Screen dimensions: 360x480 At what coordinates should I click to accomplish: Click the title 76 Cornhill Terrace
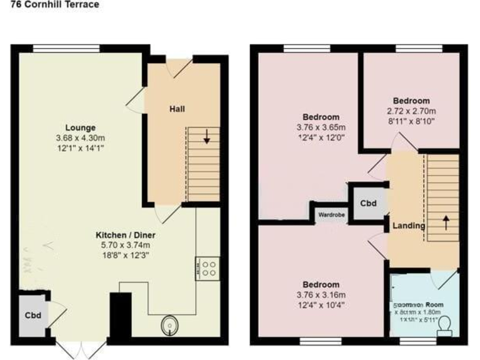point(50,5)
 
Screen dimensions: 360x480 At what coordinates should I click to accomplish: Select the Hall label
point(177,109)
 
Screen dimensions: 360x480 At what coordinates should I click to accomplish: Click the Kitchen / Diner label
point(125,235)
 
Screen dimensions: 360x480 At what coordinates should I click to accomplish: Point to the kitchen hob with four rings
point(207,268)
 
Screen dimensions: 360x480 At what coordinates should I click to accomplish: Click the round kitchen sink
point(169,325)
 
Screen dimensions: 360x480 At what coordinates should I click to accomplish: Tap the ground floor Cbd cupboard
point(33,316)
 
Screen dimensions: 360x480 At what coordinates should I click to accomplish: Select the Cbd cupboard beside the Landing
point(368,203)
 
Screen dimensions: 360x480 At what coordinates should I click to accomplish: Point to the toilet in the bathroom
point(445,325)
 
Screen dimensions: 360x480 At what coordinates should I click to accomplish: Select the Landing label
point(409,226)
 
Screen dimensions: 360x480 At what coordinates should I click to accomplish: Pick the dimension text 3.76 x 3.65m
point(321,127)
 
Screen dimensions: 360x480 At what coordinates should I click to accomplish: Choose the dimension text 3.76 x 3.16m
point(321,295)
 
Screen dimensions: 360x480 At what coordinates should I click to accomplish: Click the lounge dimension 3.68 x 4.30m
point(81,138)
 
